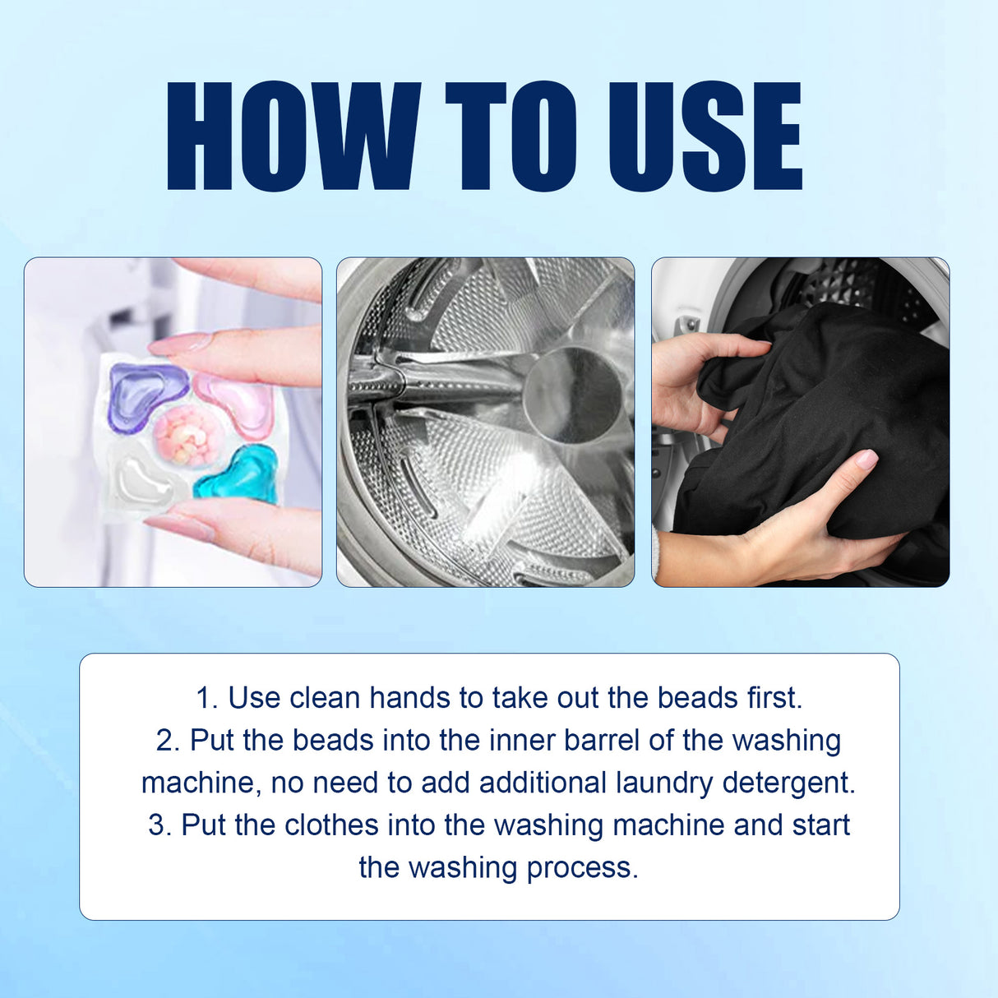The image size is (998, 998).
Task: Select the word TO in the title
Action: tap(511, 136)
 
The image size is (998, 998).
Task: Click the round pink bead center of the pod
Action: tap(188, 433)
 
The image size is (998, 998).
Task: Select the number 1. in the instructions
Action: tap(207, 698)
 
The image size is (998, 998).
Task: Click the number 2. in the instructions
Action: tap(168, 741)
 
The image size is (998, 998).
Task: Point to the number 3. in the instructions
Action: tap(159, 825)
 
